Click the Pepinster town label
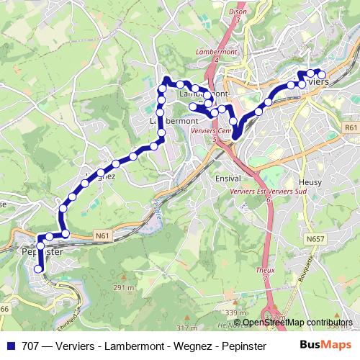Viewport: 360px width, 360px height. (41, 253)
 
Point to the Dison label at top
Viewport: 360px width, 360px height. (238, 11)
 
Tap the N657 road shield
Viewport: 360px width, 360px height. (315, 238)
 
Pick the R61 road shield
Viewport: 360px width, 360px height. (351, 127)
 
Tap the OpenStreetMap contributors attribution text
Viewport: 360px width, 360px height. (298, 323)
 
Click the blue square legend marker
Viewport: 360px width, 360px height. (10, 345)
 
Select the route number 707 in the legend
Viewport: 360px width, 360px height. (30, 345)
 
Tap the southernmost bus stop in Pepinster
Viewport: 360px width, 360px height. (40, 269)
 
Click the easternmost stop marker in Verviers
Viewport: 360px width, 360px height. (322, 74)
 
